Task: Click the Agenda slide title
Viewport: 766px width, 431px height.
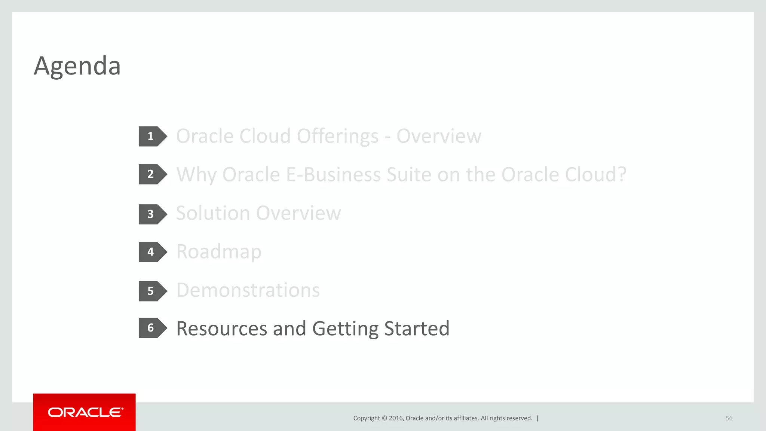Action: coord(77,66)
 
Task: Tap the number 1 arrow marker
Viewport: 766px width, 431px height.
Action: coord(151,136)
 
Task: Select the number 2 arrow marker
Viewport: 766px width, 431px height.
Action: coord(151,174)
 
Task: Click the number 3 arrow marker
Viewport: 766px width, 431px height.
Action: coord(151,214)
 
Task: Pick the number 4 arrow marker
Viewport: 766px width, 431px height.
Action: coord(151,252)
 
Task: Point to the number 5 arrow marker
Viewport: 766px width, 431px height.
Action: coord(151,291)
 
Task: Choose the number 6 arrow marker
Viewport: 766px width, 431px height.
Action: coord(151,328)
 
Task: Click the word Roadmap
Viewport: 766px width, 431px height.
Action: coord(219,252)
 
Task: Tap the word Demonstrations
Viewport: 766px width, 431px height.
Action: coord(248,290)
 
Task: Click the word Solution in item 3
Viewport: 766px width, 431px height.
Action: coord(213,213)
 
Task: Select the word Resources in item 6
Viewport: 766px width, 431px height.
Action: coord(221,329)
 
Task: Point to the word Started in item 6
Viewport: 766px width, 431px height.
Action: coord(416,329)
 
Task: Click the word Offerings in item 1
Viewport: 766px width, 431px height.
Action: coord(337,136)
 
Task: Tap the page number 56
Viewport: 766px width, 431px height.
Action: coord(729,418)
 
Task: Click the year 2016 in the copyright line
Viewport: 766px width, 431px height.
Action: coord(396,418)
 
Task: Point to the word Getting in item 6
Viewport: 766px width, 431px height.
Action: coord(345,329)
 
